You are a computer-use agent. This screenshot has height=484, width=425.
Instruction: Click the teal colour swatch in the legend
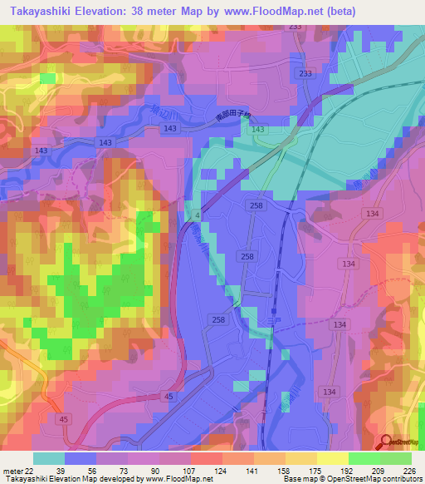pyautogui.click(x=49, y=457)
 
